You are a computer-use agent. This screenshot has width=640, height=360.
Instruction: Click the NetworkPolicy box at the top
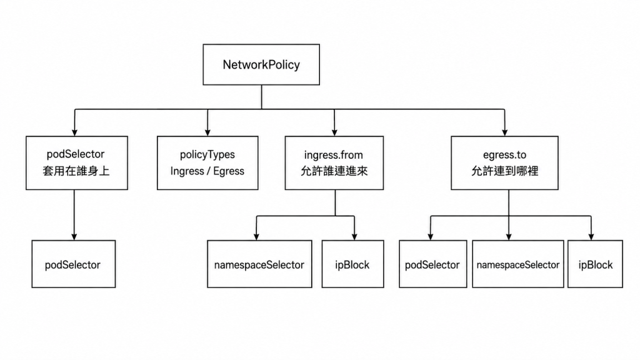(261, 64)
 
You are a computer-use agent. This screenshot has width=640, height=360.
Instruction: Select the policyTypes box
(207, 163)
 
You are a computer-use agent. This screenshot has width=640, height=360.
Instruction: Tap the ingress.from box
(334, 163)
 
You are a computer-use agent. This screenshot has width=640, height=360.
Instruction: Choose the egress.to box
(504, 163)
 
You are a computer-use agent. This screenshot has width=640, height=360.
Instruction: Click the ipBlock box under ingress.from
(352, 264)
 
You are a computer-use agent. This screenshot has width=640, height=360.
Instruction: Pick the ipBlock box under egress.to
(595, 264)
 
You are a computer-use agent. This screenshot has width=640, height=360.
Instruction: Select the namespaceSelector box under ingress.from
(259, 264)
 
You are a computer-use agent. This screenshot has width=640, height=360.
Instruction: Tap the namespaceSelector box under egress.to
(518, 264)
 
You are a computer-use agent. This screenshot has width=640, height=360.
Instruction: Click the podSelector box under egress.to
(432, 264)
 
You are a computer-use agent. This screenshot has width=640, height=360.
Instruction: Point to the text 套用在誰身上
(76, 171)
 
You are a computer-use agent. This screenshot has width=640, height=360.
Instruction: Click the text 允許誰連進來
(334, 171)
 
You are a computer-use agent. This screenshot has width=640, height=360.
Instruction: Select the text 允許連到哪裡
(505, 171)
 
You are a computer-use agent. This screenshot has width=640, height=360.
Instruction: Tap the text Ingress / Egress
(207, 171)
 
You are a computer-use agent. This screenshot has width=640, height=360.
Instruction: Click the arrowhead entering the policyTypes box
(207, 132)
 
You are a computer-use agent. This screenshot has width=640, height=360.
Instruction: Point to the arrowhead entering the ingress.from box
(334, 132)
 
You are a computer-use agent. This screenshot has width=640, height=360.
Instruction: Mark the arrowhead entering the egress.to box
(505, 132)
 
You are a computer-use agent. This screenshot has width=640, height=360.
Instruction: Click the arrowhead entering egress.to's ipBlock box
(591, 236)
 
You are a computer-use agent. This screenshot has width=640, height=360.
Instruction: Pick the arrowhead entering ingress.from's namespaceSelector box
(256, 236)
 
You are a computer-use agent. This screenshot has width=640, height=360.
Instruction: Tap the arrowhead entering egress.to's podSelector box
(430, 236)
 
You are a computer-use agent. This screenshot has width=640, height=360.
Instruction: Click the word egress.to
(504, 155)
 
